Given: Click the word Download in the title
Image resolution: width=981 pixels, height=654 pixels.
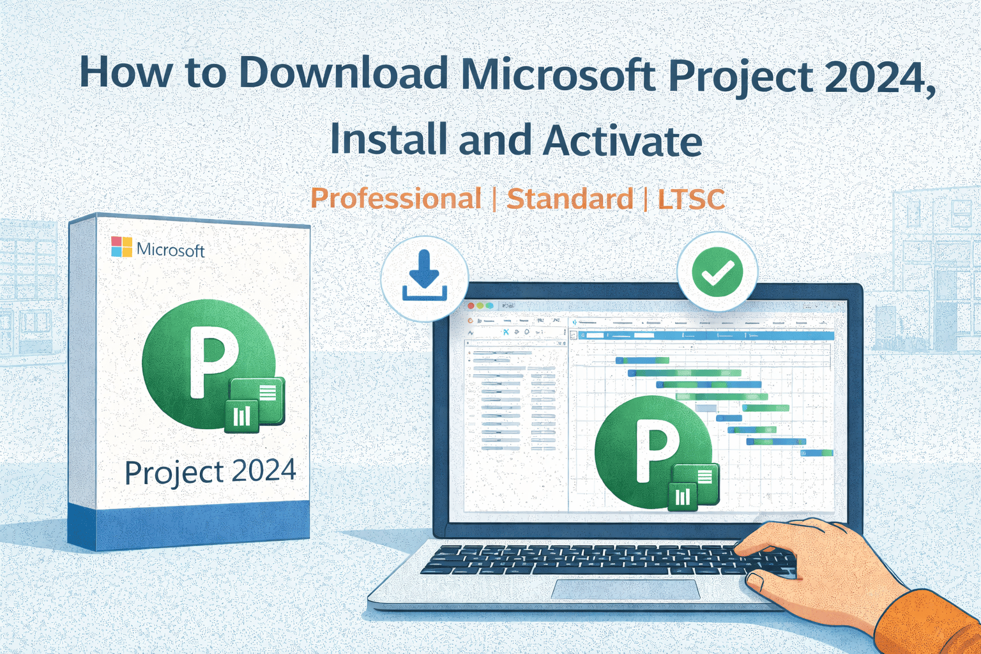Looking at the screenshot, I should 342,73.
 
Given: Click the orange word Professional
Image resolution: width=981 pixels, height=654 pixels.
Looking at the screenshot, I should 395,199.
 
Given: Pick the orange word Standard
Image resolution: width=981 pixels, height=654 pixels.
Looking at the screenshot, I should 570,199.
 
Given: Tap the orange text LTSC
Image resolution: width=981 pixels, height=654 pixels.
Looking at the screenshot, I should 691,199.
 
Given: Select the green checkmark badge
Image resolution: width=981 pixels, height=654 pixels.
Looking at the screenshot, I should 717,272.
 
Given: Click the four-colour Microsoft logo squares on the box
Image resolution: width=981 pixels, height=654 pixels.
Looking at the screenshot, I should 121,247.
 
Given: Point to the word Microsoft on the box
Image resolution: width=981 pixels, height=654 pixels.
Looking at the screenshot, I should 171,250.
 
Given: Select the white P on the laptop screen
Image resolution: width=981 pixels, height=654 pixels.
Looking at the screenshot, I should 656,451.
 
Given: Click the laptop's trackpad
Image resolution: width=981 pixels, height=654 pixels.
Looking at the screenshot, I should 625,589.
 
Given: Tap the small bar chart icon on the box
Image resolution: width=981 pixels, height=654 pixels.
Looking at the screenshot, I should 242,416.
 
